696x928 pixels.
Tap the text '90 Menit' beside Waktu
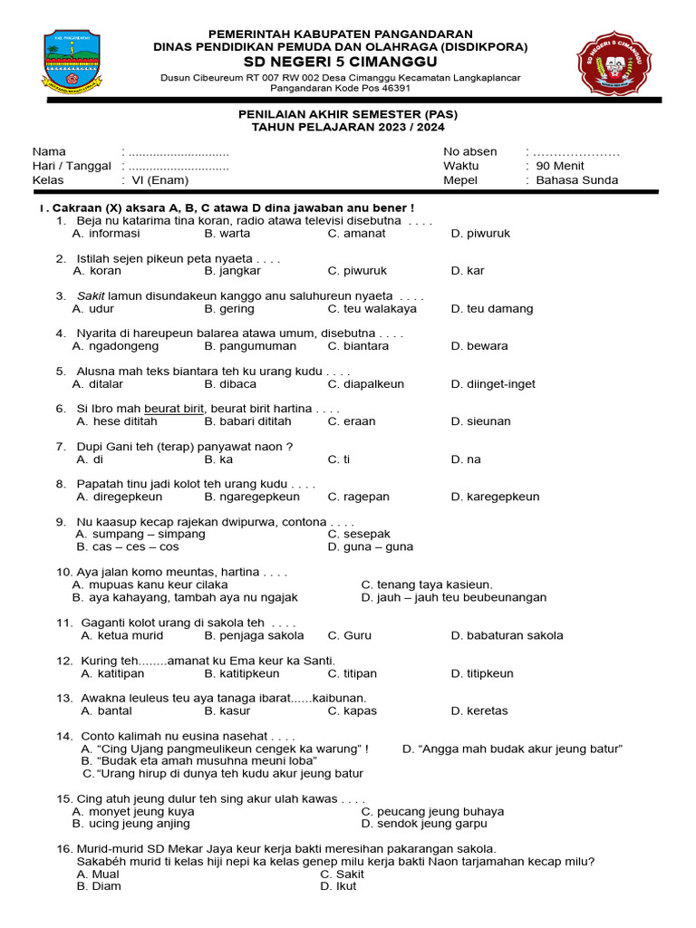point(560,166)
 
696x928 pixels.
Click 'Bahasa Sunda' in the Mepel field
point(576,180)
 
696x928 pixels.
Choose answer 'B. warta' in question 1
point(227,234)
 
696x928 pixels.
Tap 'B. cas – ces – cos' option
point(128,547)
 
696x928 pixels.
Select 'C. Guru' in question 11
point(349,636)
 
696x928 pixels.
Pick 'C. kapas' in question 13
point(352,711)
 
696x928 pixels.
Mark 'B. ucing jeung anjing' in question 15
point(131,824)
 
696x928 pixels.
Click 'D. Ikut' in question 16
point(338,886)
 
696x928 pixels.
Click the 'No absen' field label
point(469,151)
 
